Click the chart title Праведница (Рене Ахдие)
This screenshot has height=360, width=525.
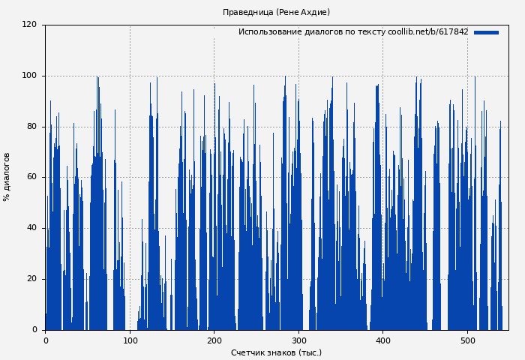click(276, 12)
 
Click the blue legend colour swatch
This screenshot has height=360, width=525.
click(486, 32)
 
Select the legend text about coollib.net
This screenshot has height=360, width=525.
click(353, 32)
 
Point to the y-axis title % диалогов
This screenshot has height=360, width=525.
click(7, 177)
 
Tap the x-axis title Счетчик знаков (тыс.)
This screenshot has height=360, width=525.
click(276, 352)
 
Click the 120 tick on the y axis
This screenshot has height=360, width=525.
click(29, 25)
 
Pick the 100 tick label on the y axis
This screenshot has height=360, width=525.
click(29, 76)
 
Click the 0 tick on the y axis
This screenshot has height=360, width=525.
click(34, 330)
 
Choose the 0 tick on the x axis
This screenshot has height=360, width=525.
click(45, 340)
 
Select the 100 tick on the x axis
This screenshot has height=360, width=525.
click(130, 340)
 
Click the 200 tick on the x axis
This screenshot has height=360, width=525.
click(214, 340)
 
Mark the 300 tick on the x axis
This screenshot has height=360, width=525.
click(298, 340)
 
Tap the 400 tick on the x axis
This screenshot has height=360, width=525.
click(382, 340)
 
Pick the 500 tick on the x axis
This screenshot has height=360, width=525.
click(467, 340)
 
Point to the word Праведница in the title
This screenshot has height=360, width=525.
click(248, 12)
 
